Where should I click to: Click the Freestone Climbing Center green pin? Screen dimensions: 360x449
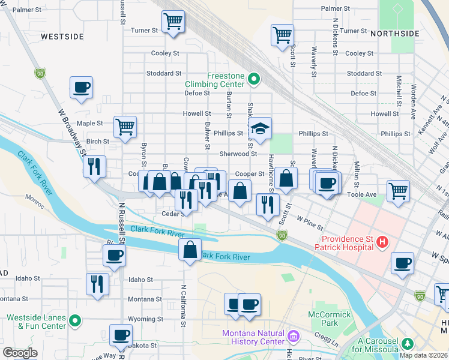(x=253, y=79)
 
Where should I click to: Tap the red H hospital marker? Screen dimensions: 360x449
(x=382, y=243)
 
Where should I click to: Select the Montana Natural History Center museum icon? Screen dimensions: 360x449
(x=292, y=334)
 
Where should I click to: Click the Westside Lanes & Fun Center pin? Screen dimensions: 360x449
(x=74, y=320)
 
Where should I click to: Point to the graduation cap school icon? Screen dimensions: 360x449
(x=261, y=128)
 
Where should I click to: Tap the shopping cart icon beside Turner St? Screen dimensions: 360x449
(x=173, y=22)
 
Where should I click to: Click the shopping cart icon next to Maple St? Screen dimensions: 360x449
(x=125, y=127)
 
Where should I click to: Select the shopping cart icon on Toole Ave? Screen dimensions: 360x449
(x=398, y=191)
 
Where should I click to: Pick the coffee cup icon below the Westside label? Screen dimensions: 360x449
(x=81, y=88)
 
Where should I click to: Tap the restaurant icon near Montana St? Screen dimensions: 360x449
(x=98, y=284)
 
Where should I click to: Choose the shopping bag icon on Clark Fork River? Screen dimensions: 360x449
(x=190, y=250)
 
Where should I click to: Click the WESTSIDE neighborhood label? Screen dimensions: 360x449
(x=62, y=37)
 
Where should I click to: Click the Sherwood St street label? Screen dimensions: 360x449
(x=238, y=154)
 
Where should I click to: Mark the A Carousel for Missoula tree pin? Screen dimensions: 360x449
(x=408, y=343)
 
